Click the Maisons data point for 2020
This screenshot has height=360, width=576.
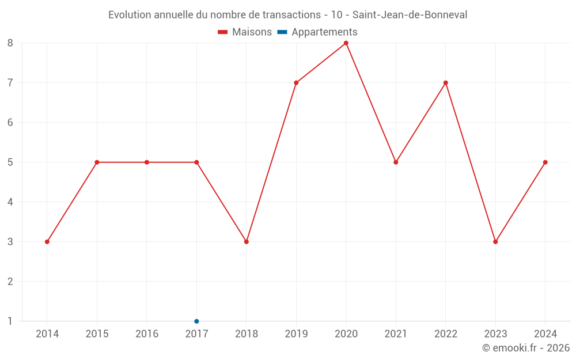point(346,43)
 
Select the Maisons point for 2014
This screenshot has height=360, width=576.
point(47,242)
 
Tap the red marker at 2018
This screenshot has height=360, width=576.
point(247,242)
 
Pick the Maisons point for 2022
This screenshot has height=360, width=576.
point(446,83)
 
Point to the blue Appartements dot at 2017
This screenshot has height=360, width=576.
point(196,321)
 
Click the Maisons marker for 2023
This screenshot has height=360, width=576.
point(495,242)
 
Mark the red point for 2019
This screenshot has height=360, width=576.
point(296,83)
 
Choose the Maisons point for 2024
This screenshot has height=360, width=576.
point(545,162)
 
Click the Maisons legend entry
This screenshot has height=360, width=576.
point(245,32)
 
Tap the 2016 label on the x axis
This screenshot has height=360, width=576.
point(147,334)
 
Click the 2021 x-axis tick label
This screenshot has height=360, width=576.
point(396,334)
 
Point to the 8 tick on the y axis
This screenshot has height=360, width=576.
point(10,43)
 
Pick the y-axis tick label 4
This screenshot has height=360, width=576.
point(10,202)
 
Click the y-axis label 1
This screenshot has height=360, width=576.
point(10,321)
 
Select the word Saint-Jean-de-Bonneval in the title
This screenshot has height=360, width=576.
point(410,15)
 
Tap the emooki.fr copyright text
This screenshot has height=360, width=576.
point(526,348)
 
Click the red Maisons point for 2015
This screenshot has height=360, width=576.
point(97,162)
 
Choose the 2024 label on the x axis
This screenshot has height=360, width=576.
point(545,334)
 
